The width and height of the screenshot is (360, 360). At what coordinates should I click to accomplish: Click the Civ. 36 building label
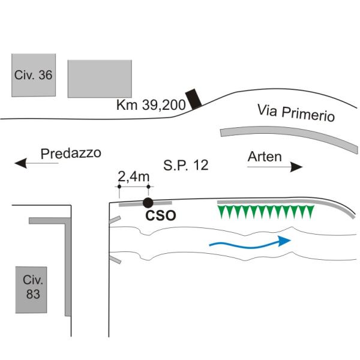[33, 75]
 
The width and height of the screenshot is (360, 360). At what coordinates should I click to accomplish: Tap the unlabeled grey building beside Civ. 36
[100, 79]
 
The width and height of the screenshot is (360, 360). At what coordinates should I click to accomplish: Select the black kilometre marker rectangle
[194, 99]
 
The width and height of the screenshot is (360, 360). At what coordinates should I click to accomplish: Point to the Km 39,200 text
[151, 105]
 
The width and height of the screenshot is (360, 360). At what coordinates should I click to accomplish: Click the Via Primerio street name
[296, 113]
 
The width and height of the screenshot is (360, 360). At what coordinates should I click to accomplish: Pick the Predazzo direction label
[71, 153]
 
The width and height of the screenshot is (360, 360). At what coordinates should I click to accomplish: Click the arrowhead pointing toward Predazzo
[21, 163]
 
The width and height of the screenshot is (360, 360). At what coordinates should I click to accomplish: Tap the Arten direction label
[265, 157]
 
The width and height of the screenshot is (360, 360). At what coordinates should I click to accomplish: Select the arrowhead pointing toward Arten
[296, 167]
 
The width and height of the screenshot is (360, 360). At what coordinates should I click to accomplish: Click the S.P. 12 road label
[186, 165]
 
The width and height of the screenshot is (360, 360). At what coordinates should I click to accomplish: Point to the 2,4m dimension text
[133, 177]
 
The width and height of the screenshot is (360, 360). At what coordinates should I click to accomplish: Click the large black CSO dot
[148, 203]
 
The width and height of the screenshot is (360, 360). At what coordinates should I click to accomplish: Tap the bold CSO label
[161, 215]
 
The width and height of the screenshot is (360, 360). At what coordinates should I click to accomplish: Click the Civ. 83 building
[31, 290]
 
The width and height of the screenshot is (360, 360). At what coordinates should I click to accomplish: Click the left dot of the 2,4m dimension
[119, 187]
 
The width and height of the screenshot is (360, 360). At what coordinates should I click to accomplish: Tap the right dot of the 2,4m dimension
[149, 187]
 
